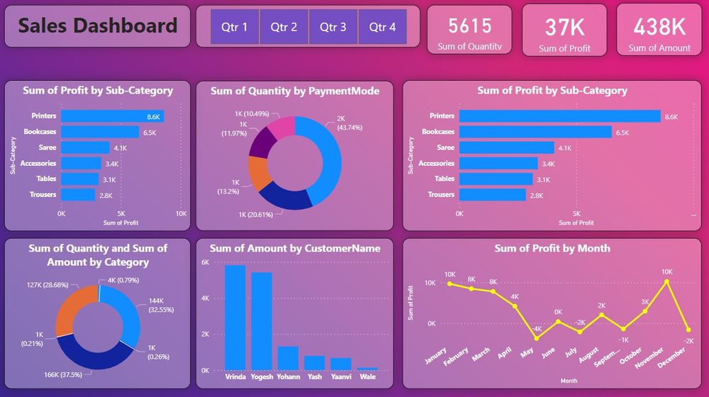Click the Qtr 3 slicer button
pos(333,27)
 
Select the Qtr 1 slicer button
pos(235,27)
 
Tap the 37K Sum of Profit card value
pos(564,27)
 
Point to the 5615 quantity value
pos(469,26)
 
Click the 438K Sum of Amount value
pos(659,27)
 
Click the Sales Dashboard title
pos(98,26)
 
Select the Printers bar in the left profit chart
pos(112,116)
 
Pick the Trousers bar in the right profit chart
pos(493,194)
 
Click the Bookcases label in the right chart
pos(438,132)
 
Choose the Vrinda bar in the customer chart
pos(235,318)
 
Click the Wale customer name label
pos(367,377)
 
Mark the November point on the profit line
pos(666,281)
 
